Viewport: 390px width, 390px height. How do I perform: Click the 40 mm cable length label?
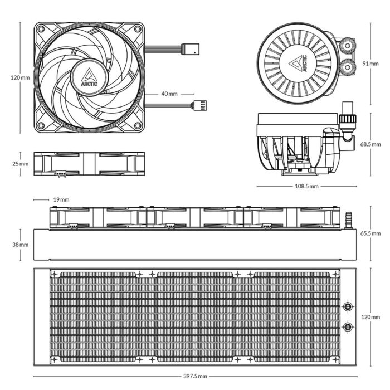coord(169,94)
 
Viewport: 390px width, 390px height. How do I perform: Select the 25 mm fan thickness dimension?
coord(20,164)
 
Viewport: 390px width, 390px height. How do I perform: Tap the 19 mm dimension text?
coord(61,199)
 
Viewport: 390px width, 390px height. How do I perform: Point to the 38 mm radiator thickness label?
coord(20,245)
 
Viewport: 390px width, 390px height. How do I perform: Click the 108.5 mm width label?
coord(307,186)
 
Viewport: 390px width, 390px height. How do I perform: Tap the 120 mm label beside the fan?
coord(20,77)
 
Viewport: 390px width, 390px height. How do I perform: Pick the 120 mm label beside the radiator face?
coord(370,316)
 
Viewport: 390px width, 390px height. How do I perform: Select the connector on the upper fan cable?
coord(192,49)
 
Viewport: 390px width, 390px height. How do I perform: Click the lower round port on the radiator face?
coord(348,326)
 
